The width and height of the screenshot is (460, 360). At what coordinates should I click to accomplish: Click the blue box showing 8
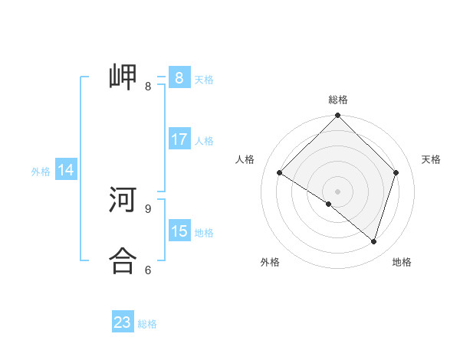point(179,78)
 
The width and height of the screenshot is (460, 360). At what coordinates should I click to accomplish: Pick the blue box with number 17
point(179,139)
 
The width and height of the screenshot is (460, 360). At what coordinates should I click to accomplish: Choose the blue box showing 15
point(179,231)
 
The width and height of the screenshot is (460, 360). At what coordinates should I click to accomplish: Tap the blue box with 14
point(66,170)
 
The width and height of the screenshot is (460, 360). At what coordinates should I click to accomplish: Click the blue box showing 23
point(123,322)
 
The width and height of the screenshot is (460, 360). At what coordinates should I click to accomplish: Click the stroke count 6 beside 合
point(148,270)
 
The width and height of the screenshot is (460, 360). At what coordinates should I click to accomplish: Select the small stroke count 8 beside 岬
point(148,86)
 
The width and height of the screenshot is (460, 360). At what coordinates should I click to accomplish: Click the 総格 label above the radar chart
point(338,100)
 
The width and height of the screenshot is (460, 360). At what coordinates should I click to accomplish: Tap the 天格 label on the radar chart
point(431,159)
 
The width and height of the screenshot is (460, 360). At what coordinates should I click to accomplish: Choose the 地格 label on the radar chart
point(402,262)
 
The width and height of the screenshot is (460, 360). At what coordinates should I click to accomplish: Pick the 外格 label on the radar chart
point(270,262)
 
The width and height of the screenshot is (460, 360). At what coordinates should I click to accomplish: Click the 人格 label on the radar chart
point(245,159)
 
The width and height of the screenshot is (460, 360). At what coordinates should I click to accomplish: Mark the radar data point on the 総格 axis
point(338,116)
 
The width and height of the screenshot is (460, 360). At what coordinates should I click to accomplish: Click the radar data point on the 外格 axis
point(329,204)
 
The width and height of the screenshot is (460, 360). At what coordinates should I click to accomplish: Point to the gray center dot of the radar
point(338,191)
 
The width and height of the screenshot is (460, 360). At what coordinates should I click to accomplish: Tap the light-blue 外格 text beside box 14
point(41,172)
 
